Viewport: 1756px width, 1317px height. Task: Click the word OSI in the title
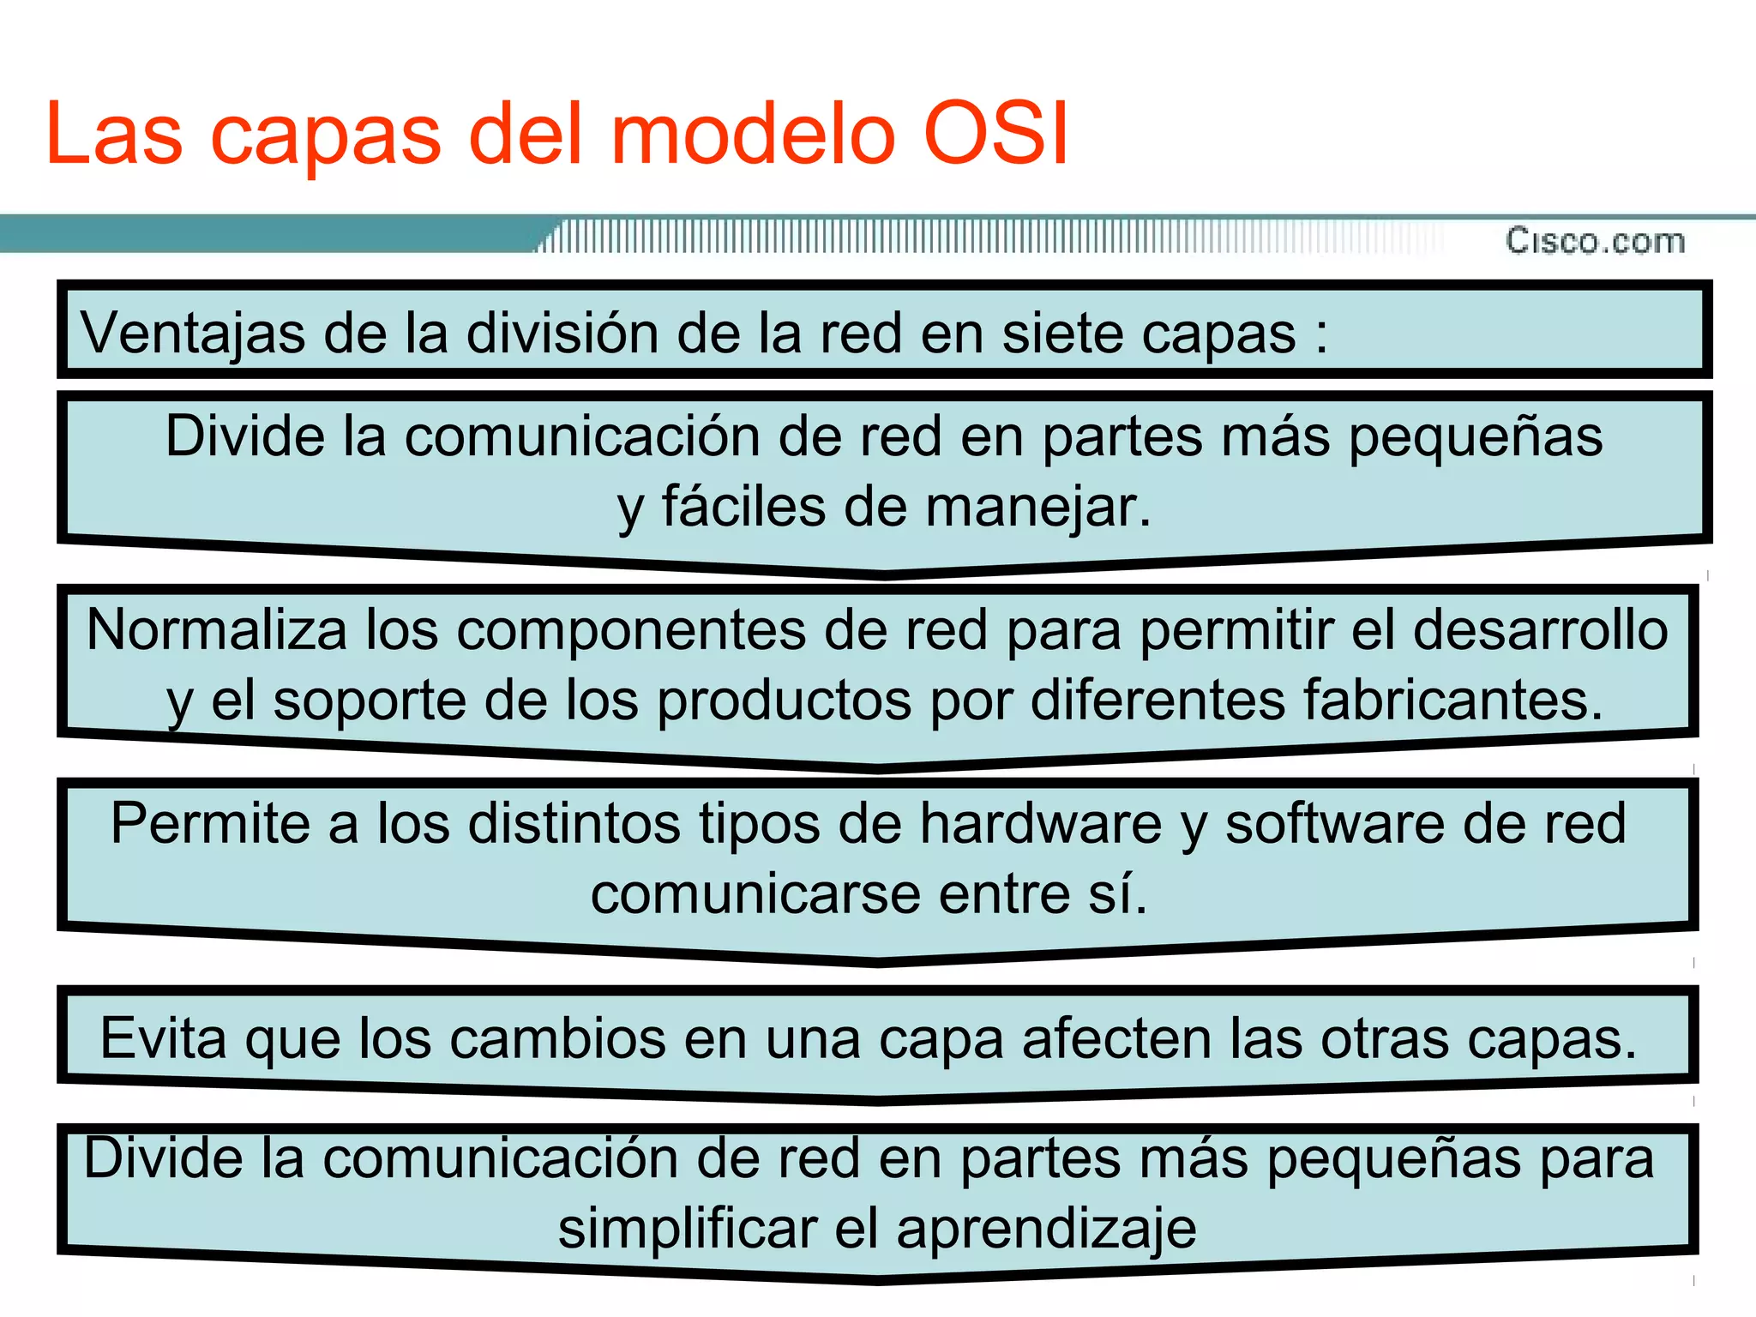tap(996, 135)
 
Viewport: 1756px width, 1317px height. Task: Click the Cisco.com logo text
tap(1595, 241)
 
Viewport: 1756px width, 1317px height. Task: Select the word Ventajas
tap(193, 333)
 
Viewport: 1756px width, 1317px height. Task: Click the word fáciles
tap(743, 506)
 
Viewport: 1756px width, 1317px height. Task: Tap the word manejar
tap(1038, 506)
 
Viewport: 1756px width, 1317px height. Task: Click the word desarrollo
tap(1540, 630)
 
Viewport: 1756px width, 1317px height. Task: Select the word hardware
tap(1041, 823)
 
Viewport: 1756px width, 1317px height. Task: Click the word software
tap(1334, 823)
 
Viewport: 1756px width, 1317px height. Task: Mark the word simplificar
tap(688, 1229)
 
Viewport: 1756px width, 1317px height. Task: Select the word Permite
tap(210, 823)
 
